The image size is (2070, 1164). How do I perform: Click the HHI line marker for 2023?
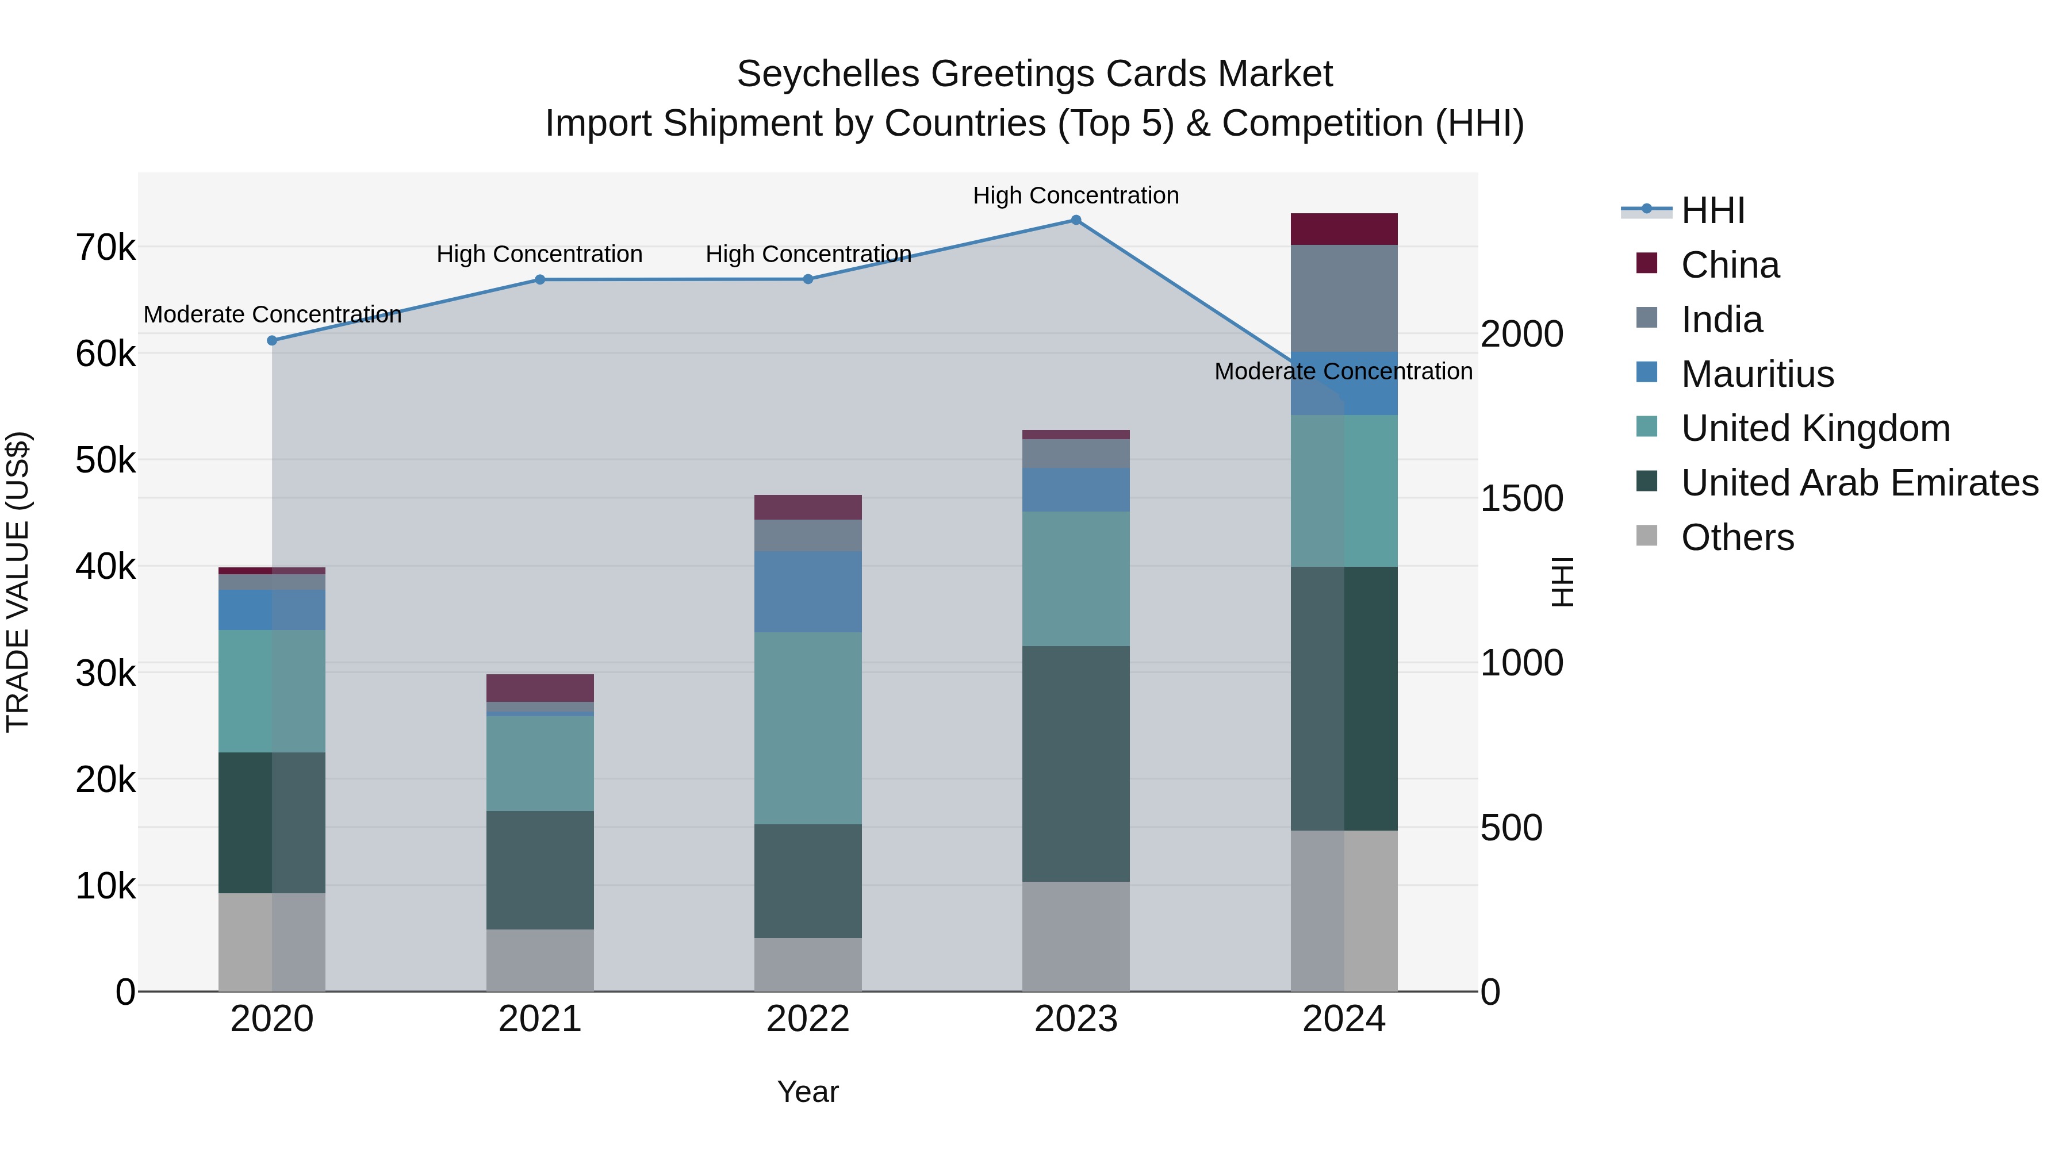(x=1076, y=220)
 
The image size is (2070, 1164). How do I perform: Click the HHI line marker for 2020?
(x=271, y=341)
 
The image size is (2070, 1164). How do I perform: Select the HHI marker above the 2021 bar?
(x=540, y=279)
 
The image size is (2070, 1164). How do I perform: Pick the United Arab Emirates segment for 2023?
(x=1075, y=763)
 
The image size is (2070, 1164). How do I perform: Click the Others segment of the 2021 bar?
(x=540, y=960)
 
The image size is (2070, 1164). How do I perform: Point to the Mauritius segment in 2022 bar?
(x=808, y=591)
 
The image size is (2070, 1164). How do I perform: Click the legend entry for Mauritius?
(x=1757, y=374)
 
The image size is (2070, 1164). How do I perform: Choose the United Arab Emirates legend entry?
(x=1858, y=483)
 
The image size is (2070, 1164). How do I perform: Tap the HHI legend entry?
(x=1712, y=210)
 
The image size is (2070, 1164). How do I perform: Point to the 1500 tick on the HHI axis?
(x=1521, y=499)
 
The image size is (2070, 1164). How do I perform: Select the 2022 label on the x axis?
(x=808, y=1019)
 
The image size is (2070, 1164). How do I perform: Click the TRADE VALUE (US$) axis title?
(x=18, y=582)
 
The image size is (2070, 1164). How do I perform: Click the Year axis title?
(x=808, y=1092)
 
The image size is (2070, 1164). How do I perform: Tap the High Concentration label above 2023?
(x=1075, y=195)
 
